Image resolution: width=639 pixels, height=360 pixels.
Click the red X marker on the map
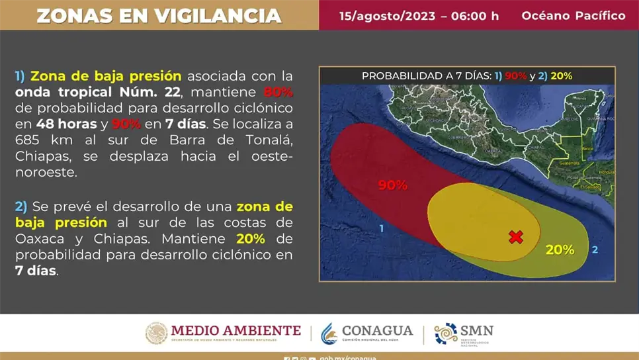[x=516, y=237]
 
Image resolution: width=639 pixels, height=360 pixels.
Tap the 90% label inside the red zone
[x=392, y=185]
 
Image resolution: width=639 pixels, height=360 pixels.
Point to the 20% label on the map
[x=560, y=249]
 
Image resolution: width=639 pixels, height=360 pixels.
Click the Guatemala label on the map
[x=569, y=163]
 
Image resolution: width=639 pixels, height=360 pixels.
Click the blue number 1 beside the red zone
[x=382, y=228]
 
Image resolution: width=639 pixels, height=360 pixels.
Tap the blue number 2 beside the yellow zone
[x=595, y=249]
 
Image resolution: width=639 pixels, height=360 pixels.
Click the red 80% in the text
[x=278, y=92]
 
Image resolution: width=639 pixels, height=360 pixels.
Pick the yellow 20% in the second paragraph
[x=250, y=238]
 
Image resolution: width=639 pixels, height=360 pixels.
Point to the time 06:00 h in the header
[x=474, y=15]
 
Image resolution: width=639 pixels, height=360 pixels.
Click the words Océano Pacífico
[x=573, y=15]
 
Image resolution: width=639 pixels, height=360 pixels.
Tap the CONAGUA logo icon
[x=329, y=334]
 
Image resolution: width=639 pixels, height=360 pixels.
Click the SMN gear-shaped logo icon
[x=446, y=334]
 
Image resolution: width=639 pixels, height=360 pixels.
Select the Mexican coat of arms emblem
[x=157, y=334]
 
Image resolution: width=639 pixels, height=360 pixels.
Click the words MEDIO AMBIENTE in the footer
[x=235, y=330]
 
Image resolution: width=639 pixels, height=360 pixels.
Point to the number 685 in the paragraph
[x=28, y=140]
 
